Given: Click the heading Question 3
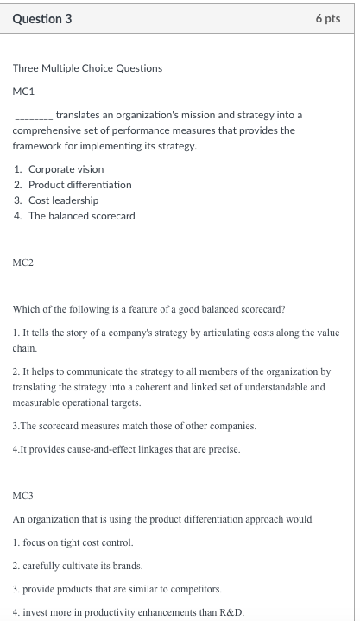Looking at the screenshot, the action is pyautogui.click(x=42, y=20).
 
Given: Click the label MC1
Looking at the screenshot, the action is pyautogui.click(x=23, y=90).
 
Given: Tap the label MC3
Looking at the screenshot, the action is pyautogui.click(x=23, y=497).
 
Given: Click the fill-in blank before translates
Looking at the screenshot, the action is pyautogui.click(x=33, y=116).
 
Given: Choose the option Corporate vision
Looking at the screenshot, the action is pyautogui.click(x=66, y=169).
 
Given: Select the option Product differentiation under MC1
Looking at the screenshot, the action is pyautogui.click(x=79, y=185).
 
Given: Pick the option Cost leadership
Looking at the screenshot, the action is pyautogui.click(x=63, y=200).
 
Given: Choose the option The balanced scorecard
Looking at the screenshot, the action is pyautogui.click(x=81, y=216).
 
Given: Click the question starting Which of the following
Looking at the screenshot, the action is pyautogui.click(x=148, y=310).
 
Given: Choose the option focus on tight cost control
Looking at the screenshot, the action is pyautogui.click(x=73, y=542).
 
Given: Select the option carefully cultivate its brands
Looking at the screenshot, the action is pyautogui.click(x=77, y=566).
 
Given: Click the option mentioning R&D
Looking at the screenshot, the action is pyautogui.click(x=128, y=612).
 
